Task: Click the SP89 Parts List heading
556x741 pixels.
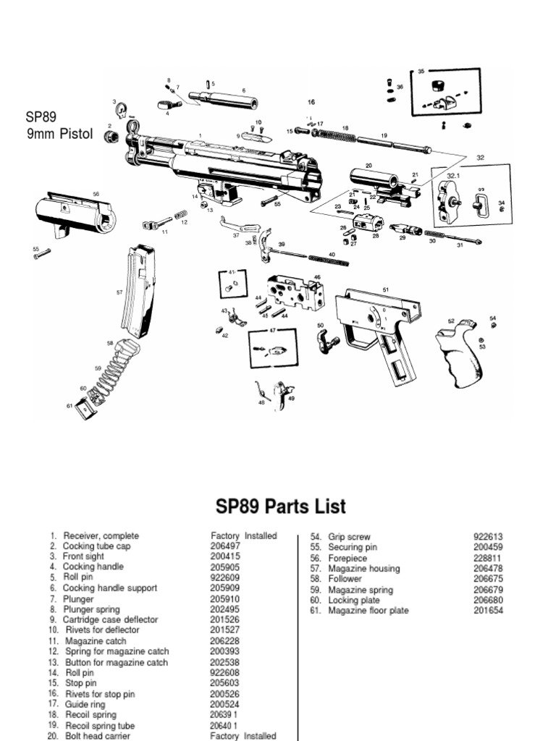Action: pos(278,506)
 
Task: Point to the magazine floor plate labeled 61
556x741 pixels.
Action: pos(87,410)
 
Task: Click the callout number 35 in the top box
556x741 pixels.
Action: pos(421,72)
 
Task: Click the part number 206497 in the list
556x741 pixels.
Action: pos(225,546)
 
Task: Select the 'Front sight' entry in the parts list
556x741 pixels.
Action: pos(83,556)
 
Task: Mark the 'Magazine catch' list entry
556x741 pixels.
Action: pos(96,641)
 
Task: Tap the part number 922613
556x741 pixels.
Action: pos(489,537)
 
